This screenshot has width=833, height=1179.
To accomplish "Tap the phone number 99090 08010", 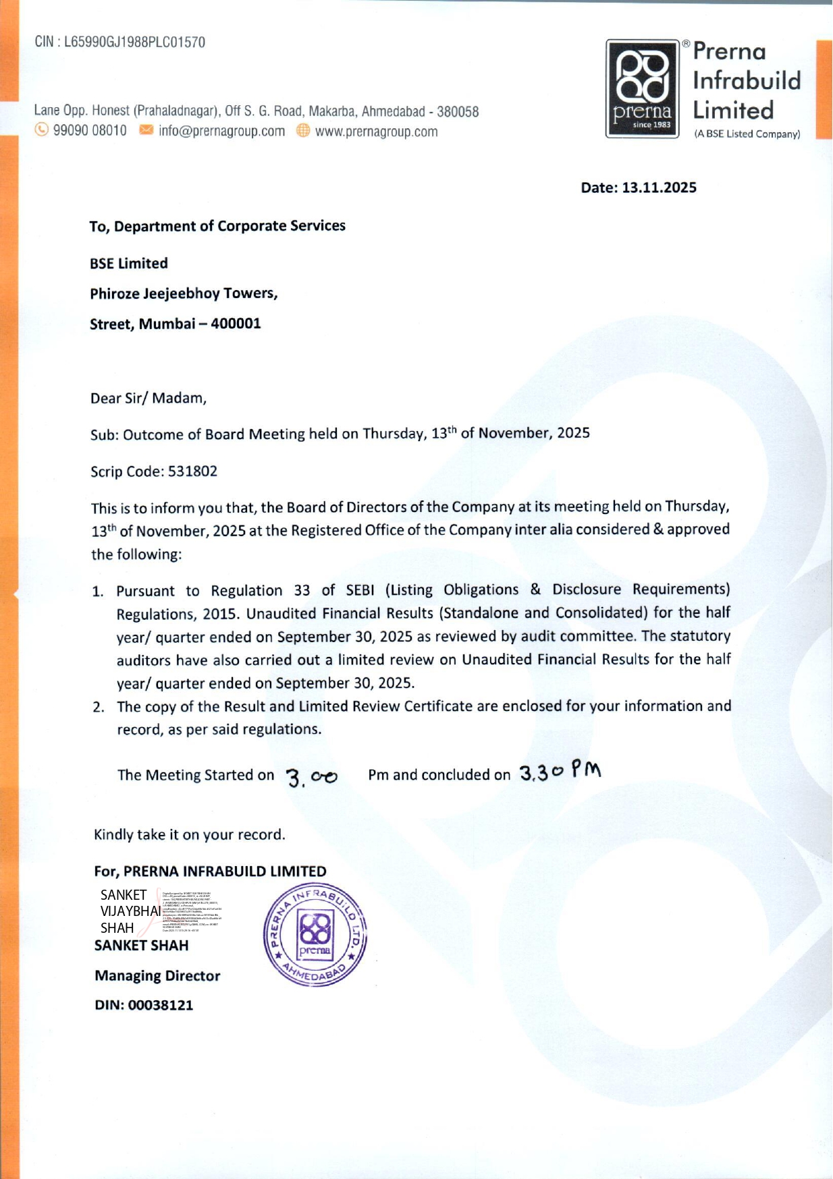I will click(90, 131).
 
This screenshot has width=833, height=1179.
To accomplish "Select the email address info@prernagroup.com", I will click(221, 131).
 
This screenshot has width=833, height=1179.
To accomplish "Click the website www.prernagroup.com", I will click(376, 132).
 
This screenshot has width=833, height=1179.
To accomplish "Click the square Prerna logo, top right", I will click(642, 88).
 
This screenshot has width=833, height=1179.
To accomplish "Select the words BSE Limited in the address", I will click(129, 263).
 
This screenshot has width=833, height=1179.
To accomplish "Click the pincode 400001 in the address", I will click(236, 324).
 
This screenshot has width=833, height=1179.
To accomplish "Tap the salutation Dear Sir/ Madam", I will click(149, 398).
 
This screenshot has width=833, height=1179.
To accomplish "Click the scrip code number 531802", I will click(192, 471).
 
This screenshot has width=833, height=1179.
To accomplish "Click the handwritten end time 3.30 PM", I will click(560, 771).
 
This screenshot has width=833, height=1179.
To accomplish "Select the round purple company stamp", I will click(315, 934).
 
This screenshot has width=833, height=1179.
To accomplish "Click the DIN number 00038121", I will click(161, 1005).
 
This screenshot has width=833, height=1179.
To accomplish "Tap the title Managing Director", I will click(157, 975).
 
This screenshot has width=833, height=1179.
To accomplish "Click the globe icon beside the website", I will click(303, 131).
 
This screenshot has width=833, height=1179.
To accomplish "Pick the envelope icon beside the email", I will click(146, 130).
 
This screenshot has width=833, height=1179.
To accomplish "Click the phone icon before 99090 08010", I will click(42, 130).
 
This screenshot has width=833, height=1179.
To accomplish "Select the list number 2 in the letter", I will click(99, 708).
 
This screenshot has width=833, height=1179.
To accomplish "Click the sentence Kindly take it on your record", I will click(190, 834).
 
